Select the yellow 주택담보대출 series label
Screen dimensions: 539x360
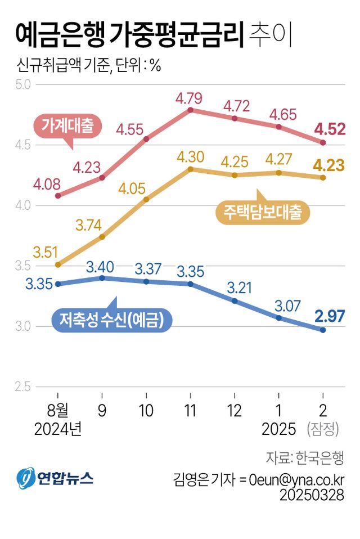[x=263, y=212]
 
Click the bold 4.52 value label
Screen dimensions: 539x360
[x=330, y=129]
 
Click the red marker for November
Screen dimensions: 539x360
[x=191, y=110]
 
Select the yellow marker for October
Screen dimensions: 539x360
[x=146, y=199]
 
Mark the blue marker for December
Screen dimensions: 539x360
[x=235, y=301]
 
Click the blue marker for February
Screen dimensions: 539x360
[x=323, y=330]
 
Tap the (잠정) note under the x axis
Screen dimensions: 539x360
[x=323, y=430]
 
